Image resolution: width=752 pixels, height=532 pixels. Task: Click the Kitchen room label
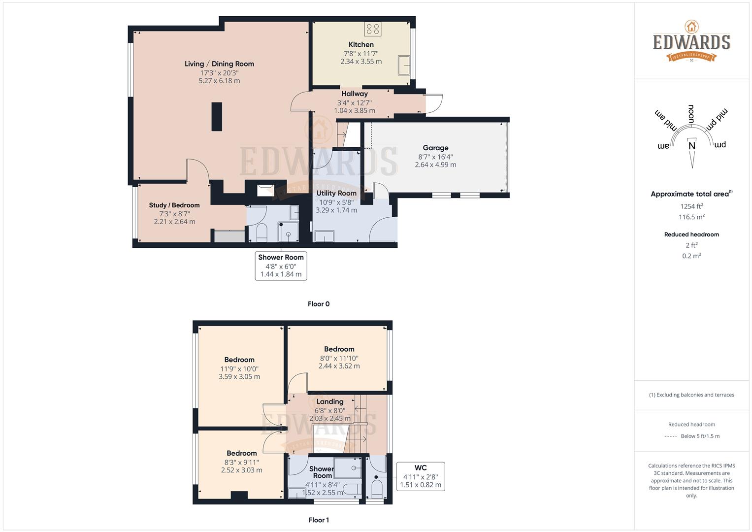(x=361, y=44)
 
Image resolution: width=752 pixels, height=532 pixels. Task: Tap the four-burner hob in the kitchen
(x=372, y=29)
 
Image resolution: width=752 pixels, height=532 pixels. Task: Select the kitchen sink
(x=404, y=65)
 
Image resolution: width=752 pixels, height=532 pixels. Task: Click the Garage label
(x=435, y=148)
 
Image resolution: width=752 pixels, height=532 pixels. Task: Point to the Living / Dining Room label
(x=219, y=64)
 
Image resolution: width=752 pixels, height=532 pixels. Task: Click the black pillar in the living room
(x=217, y=116)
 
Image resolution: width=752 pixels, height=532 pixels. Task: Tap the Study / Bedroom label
(x=174, y=205)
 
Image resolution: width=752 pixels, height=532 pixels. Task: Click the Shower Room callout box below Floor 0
(x=281, y=266)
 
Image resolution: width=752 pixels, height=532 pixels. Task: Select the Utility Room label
(x=336, y=193)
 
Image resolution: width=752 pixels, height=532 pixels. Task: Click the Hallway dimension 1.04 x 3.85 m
(x=355, y=111)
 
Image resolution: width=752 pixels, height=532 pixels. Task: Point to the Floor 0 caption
(x=319, y=304)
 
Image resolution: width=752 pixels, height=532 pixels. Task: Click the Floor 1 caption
(x=319, y=520)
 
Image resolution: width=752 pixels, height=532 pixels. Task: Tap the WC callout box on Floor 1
(x=421, y=476)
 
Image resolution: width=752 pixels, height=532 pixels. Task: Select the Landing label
(x=329, y=401)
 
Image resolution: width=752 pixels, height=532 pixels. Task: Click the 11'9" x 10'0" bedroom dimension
(x=239, y=368)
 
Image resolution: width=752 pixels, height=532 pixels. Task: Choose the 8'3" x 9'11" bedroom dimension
(x=241, y=462)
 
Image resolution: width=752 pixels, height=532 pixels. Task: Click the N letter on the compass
(x=691, y=146)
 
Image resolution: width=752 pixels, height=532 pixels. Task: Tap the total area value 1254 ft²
(x=691, y=206)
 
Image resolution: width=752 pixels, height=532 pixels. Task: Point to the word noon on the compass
(x=691, y=114)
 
